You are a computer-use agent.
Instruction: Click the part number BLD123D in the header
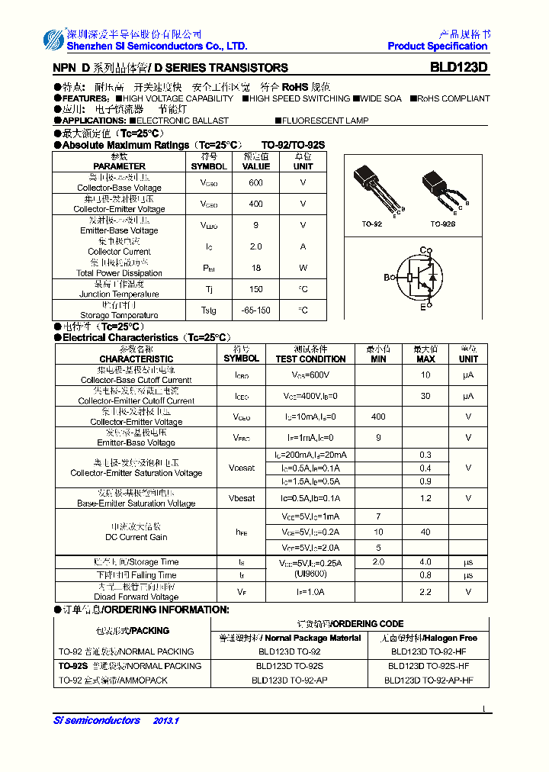458,67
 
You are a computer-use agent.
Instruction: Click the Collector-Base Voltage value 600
255,183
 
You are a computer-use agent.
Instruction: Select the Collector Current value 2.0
255,246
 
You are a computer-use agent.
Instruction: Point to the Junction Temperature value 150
255,289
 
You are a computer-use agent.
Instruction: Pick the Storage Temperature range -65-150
255,310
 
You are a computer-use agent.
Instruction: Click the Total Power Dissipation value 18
255,268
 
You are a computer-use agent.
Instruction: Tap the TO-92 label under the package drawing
372,224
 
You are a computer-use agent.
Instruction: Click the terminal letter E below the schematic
422,307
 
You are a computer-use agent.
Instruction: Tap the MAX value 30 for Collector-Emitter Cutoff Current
425,396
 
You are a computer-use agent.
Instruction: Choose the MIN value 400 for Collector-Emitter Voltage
378,417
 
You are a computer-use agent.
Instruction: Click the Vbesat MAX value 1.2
425,498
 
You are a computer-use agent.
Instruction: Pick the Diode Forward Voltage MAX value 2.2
425,591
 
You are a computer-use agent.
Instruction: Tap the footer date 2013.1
165,721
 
